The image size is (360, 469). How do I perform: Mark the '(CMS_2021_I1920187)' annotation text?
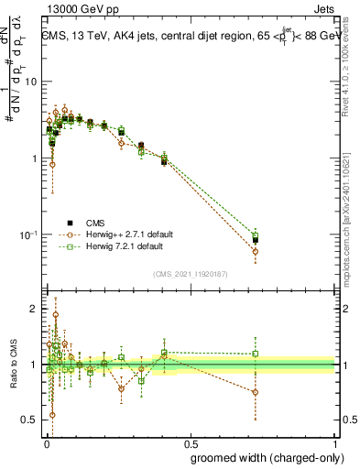pos(190,274)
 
